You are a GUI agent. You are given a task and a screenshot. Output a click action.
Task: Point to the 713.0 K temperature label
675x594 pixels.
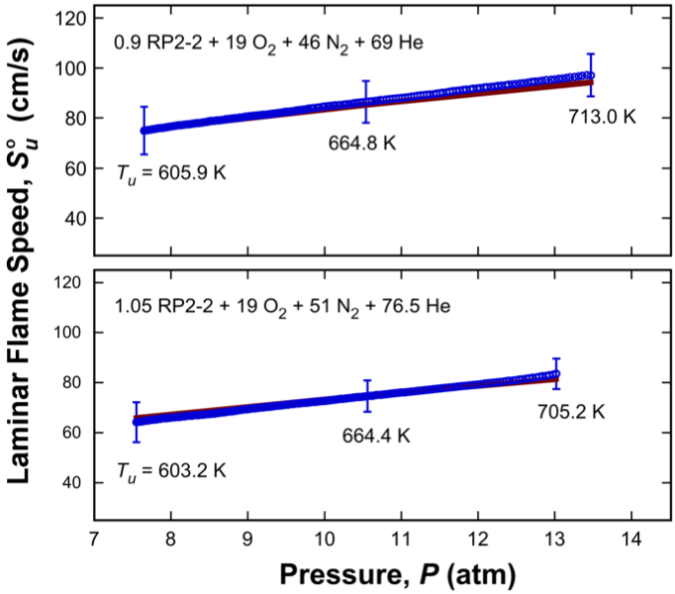click(601, 118)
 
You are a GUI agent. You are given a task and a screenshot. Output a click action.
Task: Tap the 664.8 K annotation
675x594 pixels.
click(362, 143)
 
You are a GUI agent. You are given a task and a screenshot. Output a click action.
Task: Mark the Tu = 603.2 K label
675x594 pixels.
click(169, 469)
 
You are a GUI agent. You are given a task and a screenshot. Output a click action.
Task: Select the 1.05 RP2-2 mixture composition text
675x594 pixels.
click(282, 306)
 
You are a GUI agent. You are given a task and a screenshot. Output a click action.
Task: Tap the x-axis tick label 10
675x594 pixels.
click(324, 541)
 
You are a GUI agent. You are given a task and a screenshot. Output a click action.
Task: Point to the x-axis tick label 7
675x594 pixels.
click(94, 541)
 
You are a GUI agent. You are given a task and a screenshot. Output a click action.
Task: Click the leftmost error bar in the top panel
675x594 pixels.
click(144, 130)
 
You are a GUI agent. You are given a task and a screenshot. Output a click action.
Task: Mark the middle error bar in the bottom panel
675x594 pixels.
click(367, 395)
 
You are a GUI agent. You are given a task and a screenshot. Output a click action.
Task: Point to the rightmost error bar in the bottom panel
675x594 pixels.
click(557, 373)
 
